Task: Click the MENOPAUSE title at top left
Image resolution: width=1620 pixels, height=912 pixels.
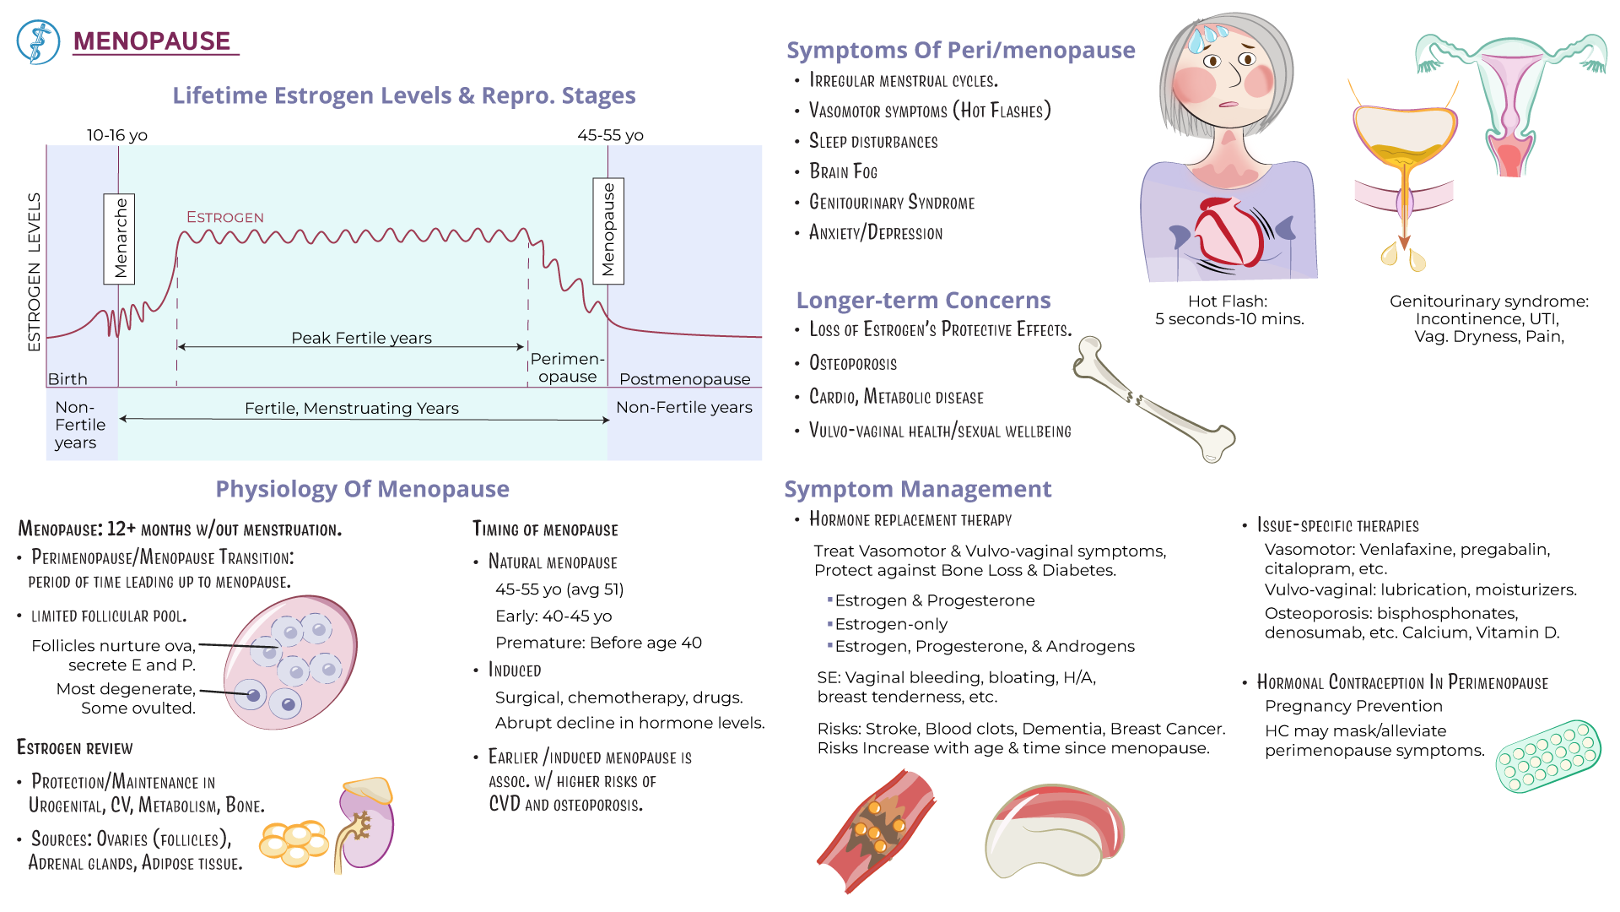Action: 152,41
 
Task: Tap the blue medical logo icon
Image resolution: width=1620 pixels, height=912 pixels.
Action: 38,41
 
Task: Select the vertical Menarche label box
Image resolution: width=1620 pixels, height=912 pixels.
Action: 119,238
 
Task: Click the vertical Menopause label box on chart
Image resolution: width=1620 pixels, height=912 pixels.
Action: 608,231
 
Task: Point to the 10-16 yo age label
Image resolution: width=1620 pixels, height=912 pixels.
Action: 116,135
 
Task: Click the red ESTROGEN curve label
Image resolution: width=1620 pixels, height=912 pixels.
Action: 224,217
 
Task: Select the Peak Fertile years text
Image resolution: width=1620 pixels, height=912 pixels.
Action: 361,338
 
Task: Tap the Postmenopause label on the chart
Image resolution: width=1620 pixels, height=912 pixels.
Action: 684,379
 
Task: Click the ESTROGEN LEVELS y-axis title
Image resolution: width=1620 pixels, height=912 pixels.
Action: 34,271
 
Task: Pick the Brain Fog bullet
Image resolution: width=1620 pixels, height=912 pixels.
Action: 843,171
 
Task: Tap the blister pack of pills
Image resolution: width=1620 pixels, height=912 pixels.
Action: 1547,756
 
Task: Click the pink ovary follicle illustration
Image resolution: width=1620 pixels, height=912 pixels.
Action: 290,662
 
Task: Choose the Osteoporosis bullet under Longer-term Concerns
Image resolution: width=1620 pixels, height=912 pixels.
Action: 852,363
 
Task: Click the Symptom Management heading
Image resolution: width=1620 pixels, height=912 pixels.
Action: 917,489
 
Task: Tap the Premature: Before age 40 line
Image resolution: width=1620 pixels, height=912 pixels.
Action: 598,643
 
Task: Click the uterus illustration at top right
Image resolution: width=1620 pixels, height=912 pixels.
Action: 1510,101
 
